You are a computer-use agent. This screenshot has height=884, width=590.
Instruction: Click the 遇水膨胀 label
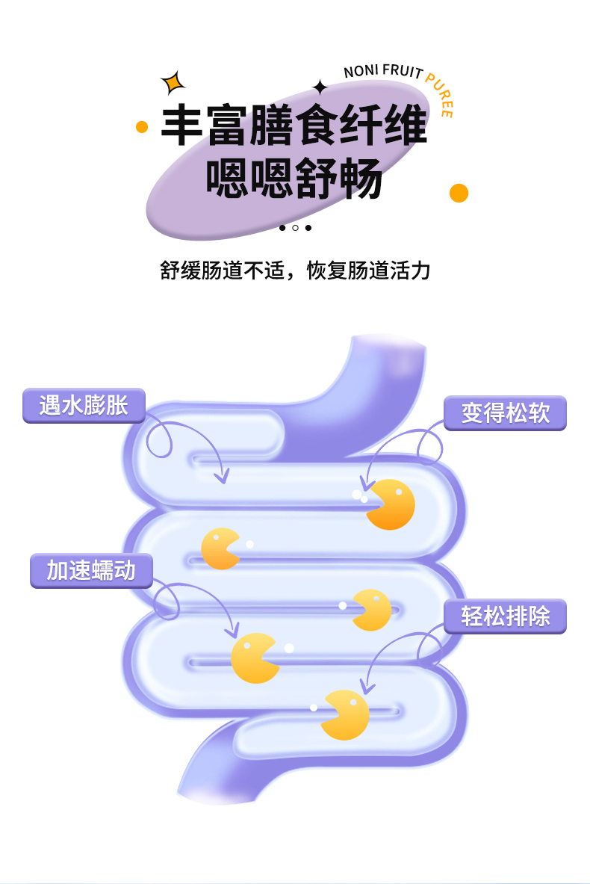(x=84, y=406)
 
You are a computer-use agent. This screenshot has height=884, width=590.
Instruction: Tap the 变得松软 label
(x=505, y=413)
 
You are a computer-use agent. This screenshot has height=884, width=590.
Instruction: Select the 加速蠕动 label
(x=91, y=571)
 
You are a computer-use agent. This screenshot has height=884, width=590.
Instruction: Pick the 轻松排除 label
(x=505, y=616)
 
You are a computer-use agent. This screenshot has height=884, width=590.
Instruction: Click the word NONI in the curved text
(x=361, y=72)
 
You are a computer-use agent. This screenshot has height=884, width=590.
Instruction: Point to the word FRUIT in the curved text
(x=403, y=71)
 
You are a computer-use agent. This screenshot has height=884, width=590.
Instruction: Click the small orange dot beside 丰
(x=142, y=127)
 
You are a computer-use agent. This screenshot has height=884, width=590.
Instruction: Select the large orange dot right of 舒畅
(x=459, y=193)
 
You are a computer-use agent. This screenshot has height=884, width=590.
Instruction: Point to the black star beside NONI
(x=320, y=87)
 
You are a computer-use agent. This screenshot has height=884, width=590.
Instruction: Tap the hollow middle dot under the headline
(x=295, y=228)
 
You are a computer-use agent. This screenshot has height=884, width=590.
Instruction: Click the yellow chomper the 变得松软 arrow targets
(x=391, y=504)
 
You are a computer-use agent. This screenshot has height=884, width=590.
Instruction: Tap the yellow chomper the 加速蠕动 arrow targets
(x=254, y=658)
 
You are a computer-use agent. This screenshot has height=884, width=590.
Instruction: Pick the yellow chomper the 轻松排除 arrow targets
(x=346, y=716)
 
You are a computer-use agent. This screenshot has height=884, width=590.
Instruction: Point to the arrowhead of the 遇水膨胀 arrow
(x=221, y=478)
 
